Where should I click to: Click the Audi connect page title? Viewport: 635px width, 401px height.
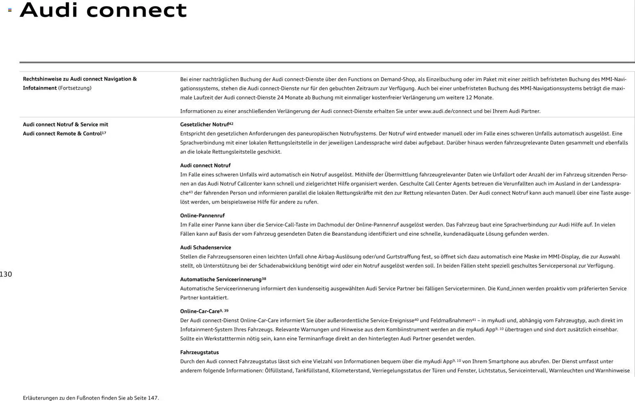point(103,10)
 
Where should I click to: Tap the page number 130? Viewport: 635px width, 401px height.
point(6,274)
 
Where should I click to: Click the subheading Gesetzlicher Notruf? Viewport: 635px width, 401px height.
point(204,125)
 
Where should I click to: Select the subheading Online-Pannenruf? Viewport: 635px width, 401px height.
point(202,215)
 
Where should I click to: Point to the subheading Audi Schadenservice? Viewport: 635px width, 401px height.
point(206,247)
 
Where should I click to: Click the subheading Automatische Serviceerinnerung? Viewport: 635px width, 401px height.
point(221,279)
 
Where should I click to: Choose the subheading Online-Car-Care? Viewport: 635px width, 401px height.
point(200,311)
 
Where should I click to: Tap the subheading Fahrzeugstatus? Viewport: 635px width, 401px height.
point(200,352)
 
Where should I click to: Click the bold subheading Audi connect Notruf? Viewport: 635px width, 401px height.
point(205,165)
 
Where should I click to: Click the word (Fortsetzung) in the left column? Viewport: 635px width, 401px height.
point(75,88)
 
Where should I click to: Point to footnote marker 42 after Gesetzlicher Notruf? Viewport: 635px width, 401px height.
point(231,123)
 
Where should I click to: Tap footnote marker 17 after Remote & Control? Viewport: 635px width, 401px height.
point(104,132)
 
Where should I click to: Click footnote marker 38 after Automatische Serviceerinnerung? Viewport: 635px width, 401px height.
point(264,279)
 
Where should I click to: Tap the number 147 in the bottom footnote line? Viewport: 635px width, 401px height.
point(152,398)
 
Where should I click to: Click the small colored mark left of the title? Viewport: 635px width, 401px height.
point(10,10)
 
